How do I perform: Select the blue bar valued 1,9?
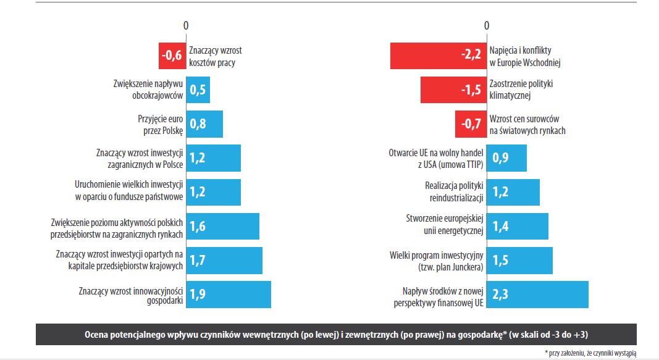229,295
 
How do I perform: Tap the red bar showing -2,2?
438,56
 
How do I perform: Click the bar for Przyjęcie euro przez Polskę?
204,124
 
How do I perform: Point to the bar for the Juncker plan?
519,261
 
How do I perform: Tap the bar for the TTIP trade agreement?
506,158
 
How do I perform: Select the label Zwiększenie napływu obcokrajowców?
148,90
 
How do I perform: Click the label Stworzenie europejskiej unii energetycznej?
444,226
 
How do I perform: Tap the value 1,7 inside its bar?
198,261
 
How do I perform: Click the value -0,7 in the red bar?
471,124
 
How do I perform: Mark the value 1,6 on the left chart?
198,227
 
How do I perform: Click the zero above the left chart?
186,25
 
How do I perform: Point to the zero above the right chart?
486,25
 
